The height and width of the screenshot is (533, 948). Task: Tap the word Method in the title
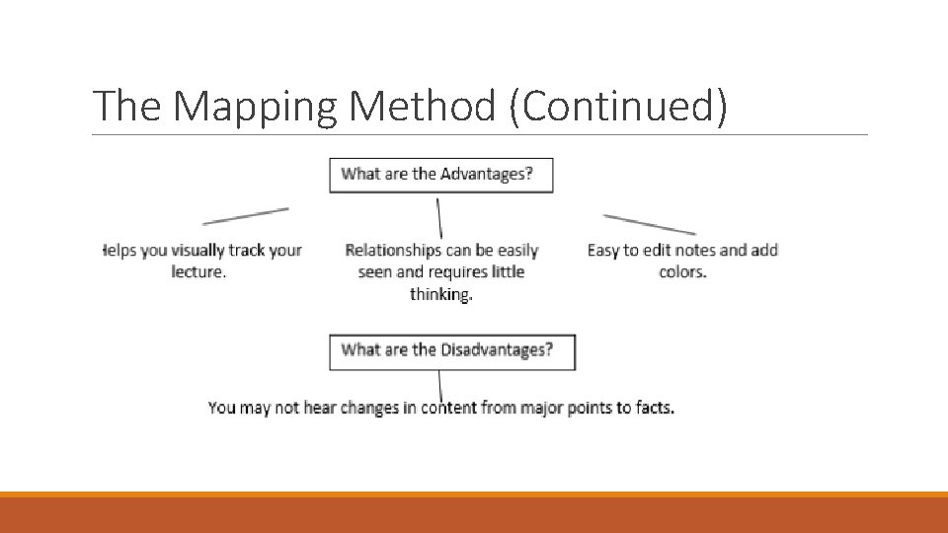pyautogui.click(x=422, y=107)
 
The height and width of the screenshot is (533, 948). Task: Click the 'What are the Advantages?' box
pyautogui.click(x=440, y=175)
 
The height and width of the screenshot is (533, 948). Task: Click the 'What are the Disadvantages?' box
pyautogui.click(x=451, y=350)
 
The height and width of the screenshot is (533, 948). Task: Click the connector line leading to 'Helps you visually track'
pyautogui.click(x=246, y=215)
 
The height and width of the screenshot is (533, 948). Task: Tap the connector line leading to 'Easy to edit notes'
pyautogui.click(x=649, y=223)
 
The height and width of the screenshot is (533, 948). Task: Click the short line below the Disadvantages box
pyautogui.click(x=440, y=386)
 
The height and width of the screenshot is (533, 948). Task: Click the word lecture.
pyautogui.click(x=198, y=271)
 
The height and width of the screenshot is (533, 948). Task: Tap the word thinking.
pyautogui.click(x=441, y=294)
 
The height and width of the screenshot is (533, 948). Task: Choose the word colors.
pyautogui.click(x=682, y=271)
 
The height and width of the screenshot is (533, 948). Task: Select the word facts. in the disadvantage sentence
pyautogui.click(x=654, y=408)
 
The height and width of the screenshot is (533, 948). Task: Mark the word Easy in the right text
pyautogui.click(x=602, y=251)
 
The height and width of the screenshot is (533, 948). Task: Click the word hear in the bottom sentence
pyautogui.click(x=319, y=408)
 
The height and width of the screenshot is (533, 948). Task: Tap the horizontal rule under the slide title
pyautogui.click(x=479, y=135)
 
